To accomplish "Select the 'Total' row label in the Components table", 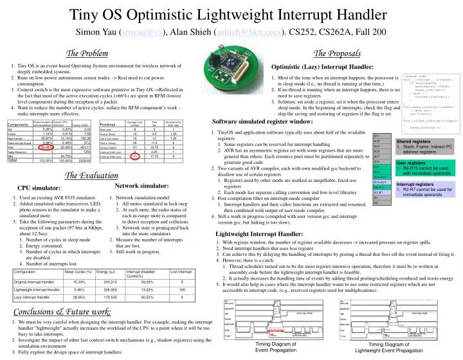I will pyautogui.click(x=13, y=160).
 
